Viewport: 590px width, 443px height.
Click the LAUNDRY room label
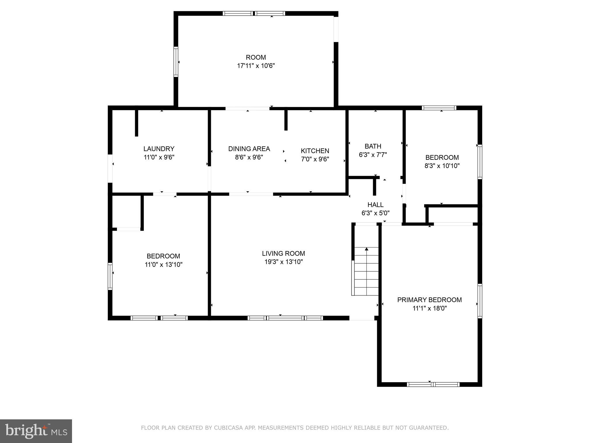pos(159,149)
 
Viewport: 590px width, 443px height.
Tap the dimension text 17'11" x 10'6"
pos(256,66)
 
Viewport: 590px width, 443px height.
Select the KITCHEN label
pos(315,151)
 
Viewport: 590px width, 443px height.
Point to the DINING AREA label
pos(249,149)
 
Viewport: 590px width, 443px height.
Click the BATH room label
pos(373,146)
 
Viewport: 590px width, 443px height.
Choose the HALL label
pos(375,205)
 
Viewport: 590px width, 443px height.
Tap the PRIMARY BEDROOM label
pos(429,300)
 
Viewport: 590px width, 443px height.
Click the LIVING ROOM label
pos(283,254)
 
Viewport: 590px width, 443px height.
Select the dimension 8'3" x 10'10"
pos(442,166)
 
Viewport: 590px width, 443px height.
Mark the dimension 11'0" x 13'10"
pos(163,264)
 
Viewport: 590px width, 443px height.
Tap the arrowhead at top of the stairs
pos(366,249)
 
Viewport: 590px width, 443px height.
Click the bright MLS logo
pos(36,431)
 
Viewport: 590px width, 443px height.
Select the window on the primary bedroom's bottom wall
pos(433,384)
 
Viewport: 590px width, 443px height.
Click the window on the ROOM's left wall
pos(176,62)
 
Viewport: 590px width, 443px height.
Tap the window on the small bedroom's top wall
pos(439,108)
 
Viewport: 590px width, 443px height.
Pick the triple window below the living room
pos(285,318)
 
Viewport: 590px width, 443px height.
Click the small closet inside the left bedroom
pos(126,212)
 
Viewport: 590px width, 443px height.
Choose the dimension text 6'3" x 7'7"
pos(373,155)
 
